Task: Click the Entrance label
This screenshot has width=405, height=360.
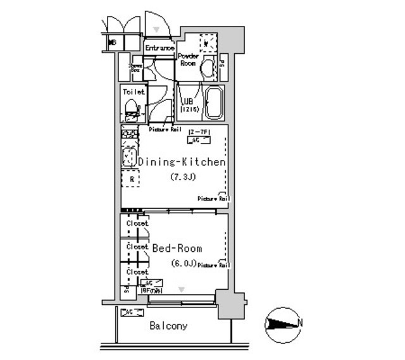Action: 159,48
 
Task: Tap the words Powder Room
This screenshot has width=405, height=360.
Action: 189,59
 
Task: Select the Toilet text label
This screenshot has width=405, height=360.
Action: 134,92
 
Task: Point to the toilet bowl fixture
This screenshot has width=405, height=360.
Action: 132,113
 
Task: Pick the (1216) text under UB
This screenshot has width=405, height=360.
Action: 190,109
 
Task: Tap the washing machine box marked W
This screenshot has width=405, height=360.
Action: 208,42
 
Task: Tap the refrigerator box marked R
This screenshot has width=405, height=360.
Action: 131,179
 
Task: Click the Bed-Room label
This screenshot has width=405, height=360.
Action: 177,249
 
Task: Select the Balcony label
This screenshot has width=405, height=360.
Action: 168,326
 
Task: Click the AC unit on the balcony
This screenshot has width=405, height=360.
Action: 130,313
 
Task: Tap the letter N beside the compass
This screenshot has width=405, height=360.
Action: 300,323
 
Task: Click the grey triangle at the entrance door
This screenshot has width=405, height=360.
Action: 156,29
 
